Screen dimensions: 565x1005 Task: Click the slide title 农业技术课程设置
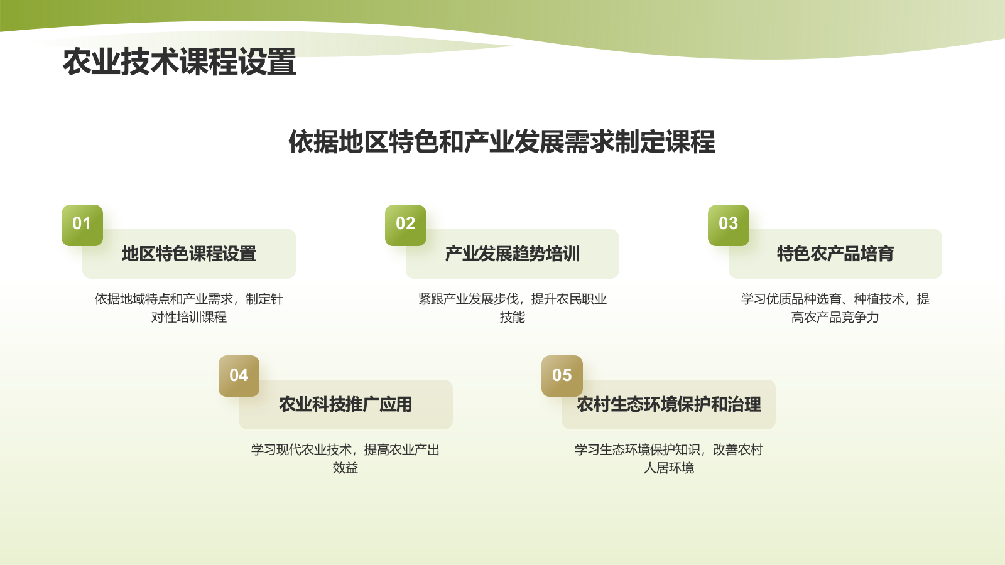pyautogui.click(x=180, y=62)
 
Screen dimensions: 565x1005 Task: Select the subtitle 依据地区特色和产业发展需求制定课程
pyautogui.click(x=501, y=142)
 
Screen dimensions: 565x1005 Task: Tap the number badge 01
pyautogui.click(x=82, y=224)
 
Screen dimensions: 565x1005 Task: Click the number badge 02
pyautogui.click(x=405, y=224)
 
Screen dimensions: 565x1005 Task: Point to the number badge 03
pyautogui.click(x=728, y=224)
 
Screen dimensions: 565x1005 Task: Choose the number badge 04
pyautogui.click(x=239, y=375)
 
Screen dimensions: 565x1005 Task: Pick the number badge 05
pyautogui.click(x=562, y=375)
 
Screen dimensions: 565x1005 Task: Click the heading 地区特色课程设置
pyautogui.click(x=189, y=254)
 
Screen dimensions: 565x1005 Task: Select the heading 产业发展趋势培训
pyautogui.click(x=512, y=254)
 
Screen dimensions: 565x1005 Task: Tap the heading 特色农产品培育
pyautogui.click(x=835, y=254)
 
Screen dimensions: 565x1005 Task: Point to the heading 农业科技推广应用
pyautogui.click(x=345, y=404)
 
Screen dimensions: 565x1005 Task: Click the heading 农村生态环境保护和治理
pyautogui.click(x=669, y=404)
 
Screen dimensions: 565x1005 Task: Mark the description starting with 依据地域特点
pyautogui.click(x=189, y=308)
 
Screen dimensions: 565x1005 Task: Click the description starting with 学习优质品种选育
pyautogui.click(x=835, y=308)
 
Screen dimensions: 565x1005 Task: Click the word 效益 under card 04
pyautogui.click(x=345, y=468)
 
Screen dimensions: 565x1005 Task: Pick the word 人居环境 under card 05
pyautogui.click(x=669, y=468)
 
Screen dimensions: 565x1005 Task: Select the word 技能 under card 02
pyautogui.click(x=512, y=318)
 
